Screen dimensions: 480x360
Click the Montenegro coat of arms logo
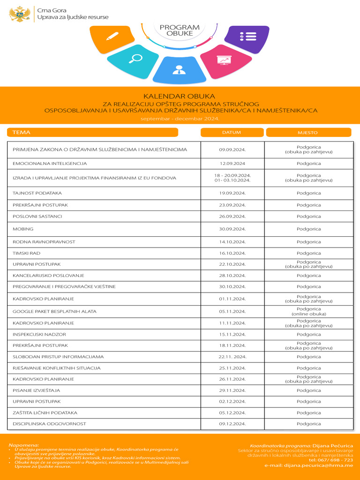point(20,14)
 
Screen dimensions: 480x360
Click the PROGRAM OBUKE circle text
point(180,30)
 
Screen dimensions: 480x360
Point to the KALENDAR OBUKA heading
point(179,96)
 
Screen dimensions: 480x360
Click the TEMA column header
point(22,133)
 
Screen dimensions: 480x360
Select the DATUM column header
point(232,133)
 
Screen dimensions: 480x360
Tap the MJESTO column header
point(308,133)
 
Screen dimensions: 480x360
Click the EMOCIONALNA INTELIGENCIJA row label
point(50,164)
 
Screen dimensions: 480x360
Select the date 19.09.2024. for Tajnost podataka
point(232,193)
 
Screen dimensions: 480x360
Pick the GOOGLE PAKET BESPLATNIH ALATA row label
point(54,311)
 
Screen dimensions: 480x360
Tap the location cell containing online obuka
point(308,311)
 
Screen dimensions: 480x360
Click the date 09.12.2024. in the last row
point(232,424)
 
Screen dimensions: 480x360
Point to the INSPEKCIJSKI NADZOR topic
point(39,334)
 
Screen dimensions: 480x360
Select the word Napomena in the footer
point(24,445)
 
